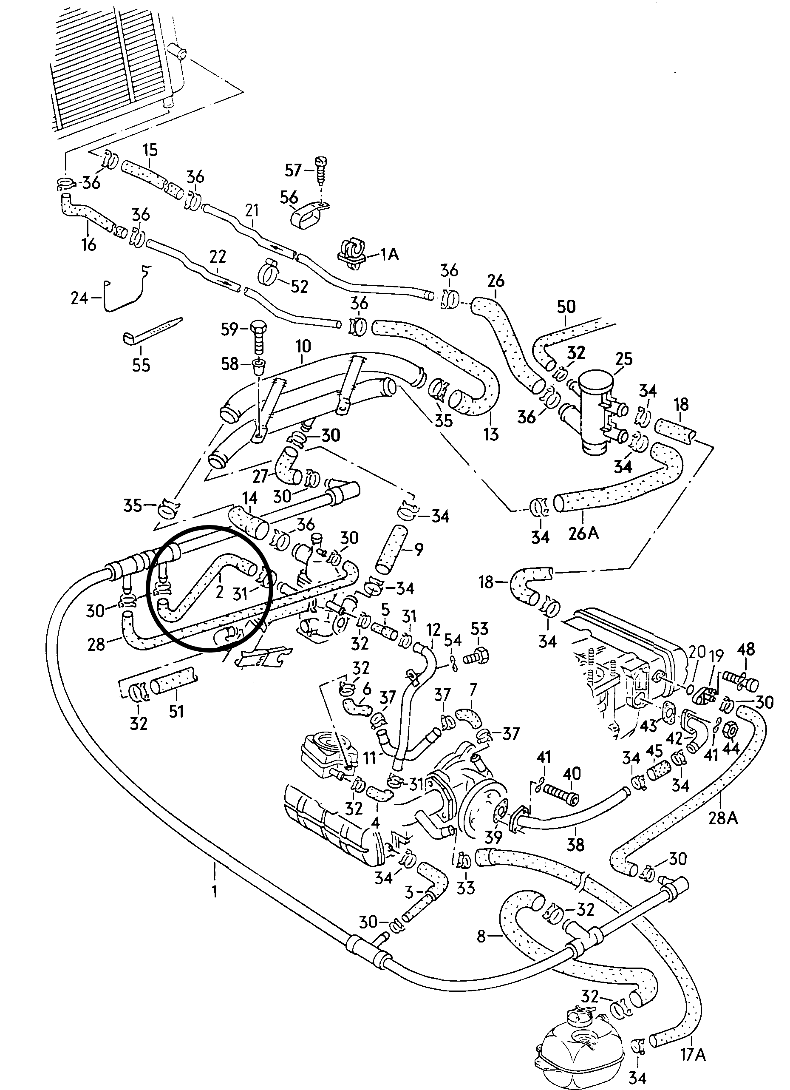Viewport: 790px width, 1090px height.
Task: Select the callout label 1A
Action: pos(390,254)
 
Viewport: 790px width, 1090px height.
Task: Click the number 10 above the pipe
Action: pos(303,346)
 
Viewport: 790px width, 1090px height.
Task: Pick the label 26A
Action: pos(583,533)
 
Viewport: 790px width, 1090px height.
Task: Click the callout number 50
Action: pos(566,307)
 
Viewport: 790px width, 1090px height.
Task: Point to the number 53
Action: pos(479,629)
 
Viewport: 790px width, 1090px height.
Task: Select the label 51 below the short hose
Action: pos(176,710)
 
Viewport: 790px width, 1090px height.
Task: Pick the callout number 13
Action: pos(491,434)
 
